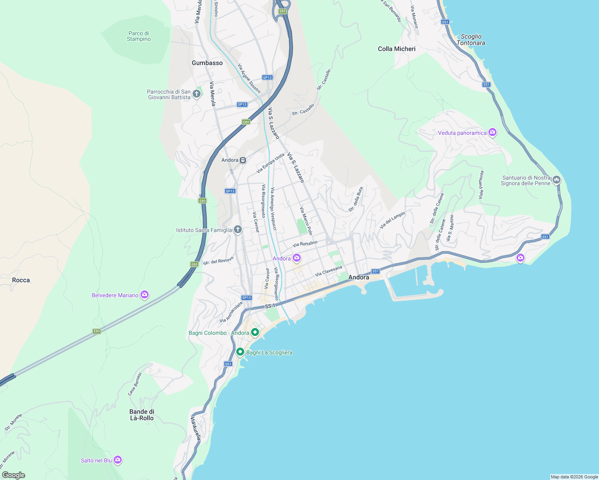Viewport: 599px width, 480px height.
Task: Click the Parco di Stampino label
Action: (139, 36)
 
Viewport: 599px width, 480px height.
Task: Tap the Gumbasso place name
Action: (207, 63)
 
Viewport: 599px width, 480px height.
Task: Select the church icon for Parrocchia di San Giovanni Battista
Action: (197, 94)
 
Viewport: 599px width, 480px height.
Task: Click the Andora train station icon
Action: (243, 160)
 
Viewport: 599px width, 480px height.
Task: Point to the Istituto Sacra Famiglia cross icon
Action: (238, 230)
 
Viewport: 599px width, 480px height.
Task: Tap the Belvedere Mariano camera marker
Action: (145, 295)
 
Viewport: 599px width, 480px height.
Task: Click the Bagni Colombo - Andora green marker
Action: (255, 332)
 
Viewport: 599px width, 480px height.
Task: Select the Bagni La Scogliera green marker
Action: (240, 352)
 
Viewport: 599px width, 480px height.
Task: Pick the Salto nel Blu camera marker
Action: (117, 460)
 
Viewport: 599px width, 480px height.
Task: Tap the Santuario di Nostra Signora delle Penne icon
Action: (556, 180)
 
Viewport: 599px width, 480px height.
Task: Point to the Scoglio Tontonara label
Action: (471, 40)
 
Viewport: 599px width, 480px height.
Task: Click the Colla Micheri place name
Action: (397, 49)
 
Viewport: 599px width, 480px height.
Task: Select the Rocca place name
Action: (21, 280)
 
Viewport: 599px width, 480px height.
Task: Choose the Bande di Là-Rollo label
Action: (142, 415)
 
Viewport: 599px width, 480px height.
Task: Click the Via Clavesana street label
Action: (329, 271)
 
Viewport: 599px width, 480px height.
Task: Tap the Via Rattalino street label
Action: (305, 244)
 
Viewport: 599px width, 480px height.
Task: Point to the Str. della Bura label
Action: (356, 199)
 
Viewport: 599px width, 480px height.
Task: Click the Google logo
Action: (13, 475)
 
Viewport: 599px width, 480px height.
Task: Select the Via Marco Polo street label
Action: (306, 221)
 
